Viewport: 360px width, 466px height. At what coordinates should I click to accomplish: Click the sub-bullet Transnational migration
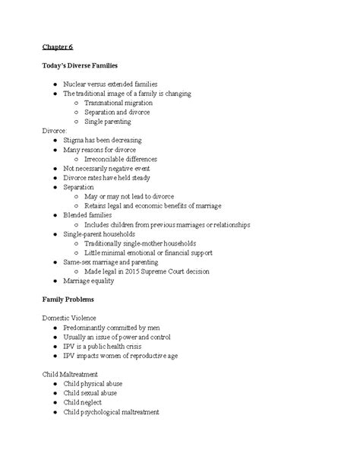coord(118,103)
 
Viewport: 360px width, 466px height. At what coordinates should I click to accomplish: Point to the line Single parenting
coord(108,121)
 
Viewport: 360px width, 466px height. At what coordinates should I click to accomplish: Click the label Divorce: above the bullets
coord(55,131)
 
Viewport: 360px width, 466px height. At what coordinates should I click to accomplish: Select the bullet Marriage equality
coord(91,281)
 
